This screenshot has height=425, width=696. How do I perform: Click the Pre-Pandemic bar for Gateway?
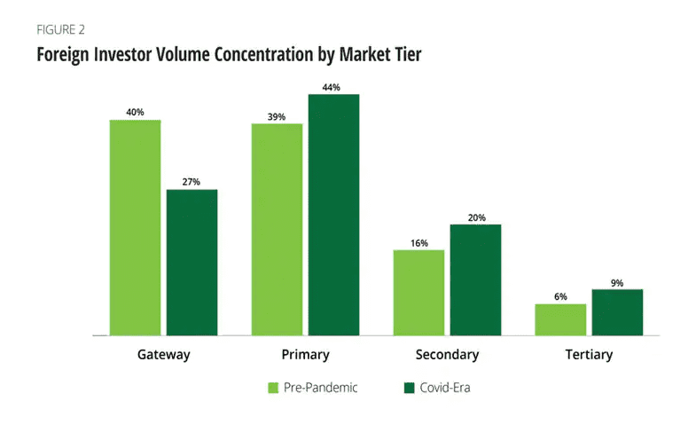[x=135, y=227]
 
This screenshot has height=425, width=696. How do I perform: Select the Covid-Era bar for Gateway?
[x=192, y=263]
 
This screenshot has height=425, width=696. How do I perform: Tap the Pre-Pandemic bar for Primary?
[x=277, y=229]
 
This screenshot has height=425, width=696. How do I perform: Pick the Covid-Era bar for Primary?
[x=333, y=215]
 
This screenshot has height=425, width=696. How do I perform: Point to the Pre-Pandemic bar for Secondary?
[x=418, y=293]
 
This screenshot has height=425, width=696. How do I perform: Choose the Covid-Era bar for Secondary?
[x=475, y=279]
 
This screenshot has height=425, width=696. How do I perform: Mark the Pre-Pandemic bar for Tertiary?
[x=560, y=319]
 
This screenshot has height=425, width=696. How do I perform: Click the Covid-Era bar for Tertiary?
[x=617, y=312]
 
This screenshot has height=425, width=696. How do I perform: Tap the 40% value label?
[x=135, y=113]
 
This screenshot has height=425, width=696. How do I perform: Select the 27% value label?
[x=192, y=183]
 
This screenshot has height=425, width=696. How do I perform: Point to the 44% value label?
[x=333, y=87]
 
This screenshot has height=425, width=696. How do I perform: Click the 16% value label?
[x=418, y=243]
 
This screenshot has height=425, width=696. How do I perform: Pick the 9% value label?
[x=617, y=283]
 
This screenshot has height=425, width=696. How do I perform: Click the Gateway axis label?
[x=163, y=355]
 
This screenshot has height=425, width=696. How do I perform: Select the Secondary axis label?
[x=447, y=355]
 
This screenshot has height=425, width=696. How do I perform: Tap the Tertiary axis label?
[x=589, y=355]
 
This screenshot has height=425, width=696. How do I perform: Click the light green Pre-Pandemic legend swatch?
[x=274, y=388]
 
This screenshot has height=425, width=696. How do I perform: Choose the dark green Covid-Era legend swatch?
[x=410, y=388]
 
